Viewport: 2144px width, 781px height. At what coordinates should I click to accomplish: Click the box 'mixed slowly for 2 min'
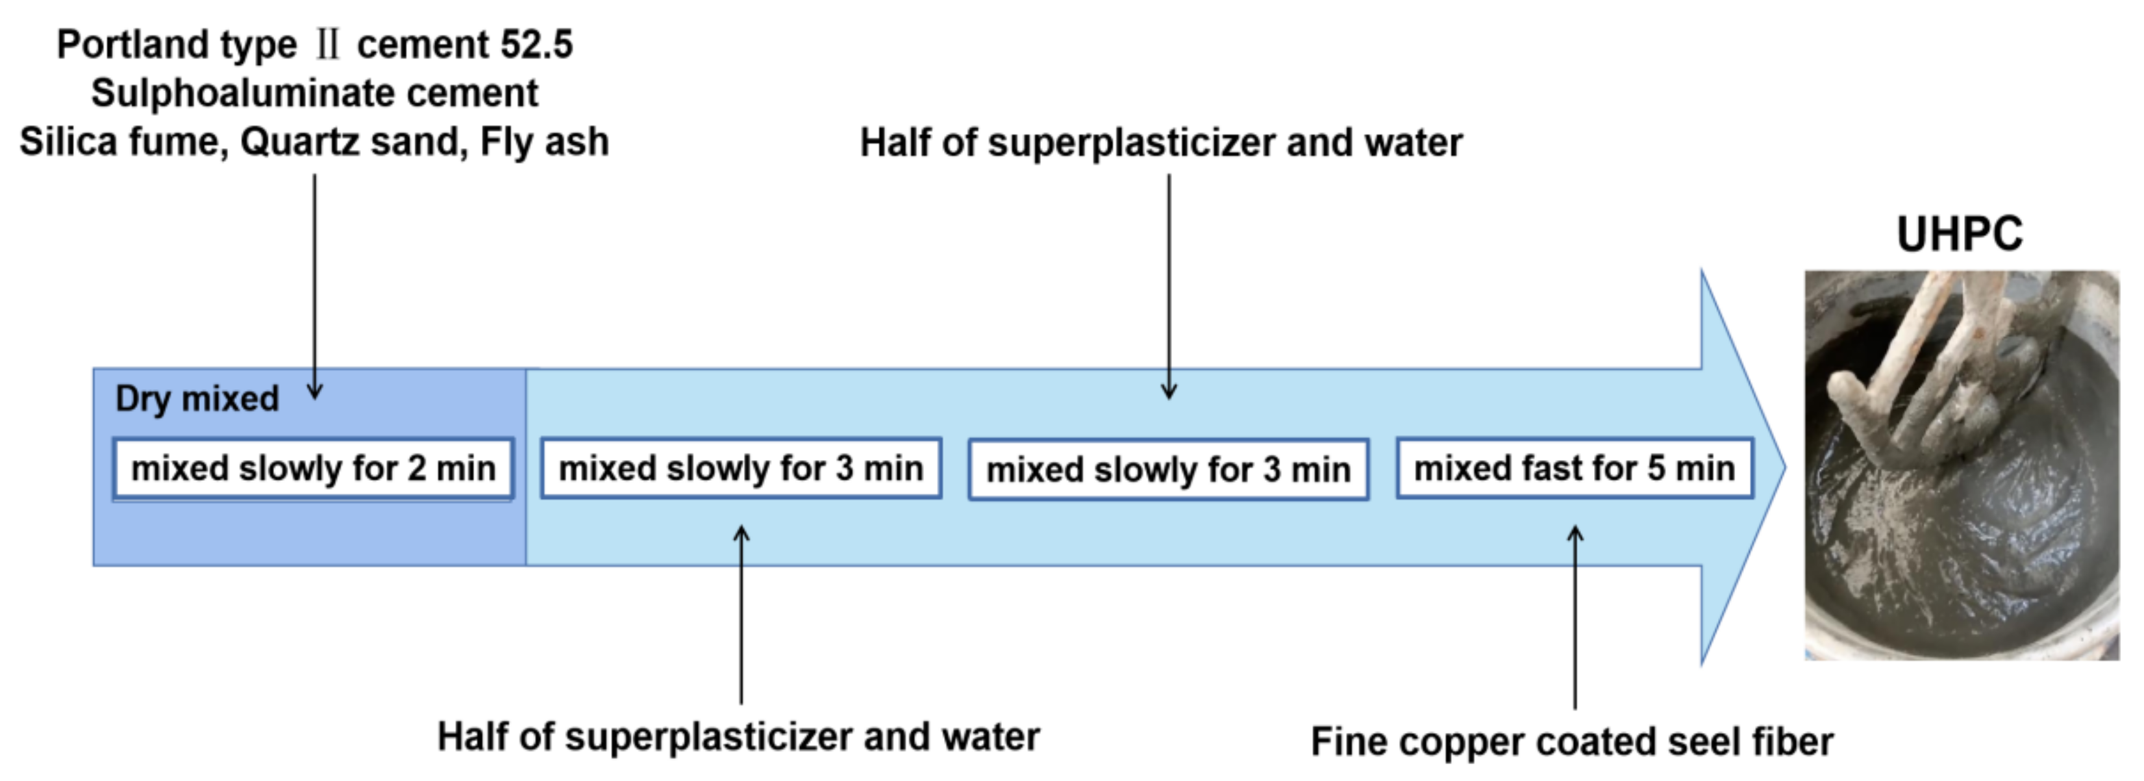[313, 468]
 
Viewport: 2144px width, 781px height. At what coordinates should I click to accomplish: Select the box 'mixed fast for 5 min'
[1575, 468]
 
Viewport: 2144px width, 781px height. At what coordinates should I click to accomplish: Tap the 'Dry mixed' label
[197, 399]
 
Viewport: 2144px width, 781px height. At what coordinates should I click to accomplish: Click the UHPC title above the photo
[1959, 234]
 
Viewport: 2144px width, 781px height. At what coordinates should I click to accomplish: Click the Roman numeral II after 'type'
[327, 44]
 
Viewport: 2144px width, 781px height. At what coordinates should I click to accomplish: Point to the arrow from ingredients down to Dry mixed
[315, 283]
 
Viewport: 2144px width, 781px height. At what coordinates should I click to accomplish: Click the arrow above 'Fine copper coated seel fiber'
[1575, 616]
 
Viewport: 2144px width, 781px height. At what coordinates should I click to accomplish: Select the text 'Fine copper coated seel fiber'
[1571, 741]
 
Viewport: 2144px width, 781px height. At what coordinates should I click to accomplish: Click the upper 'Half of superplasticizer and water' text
[1161, 142]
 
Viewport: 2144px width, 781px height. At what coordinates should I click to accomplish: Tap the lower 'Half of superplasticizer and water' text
[738, 737]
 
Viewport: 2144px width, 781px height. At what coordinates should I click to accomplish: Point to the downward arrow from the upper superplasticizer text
[1169, 283]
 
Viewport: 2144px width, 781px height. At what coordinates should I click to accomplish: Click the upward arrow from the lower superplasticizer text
[741, 616]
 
